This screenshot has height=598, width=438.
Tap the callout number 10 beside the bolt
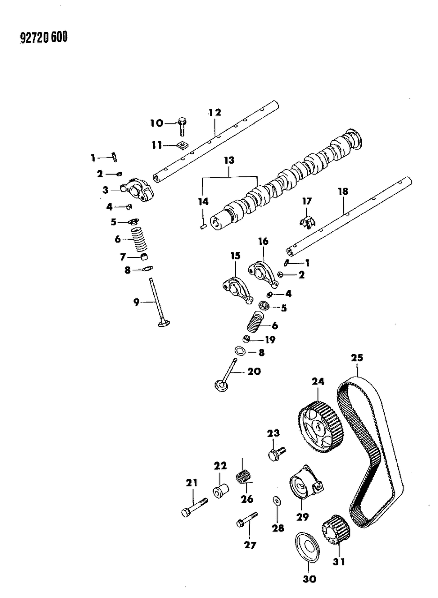point(156,123)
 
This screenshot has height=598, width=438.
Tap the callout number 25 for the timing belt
point(357,358)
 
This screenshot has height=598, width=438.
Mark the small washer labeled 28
point(276,501)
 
